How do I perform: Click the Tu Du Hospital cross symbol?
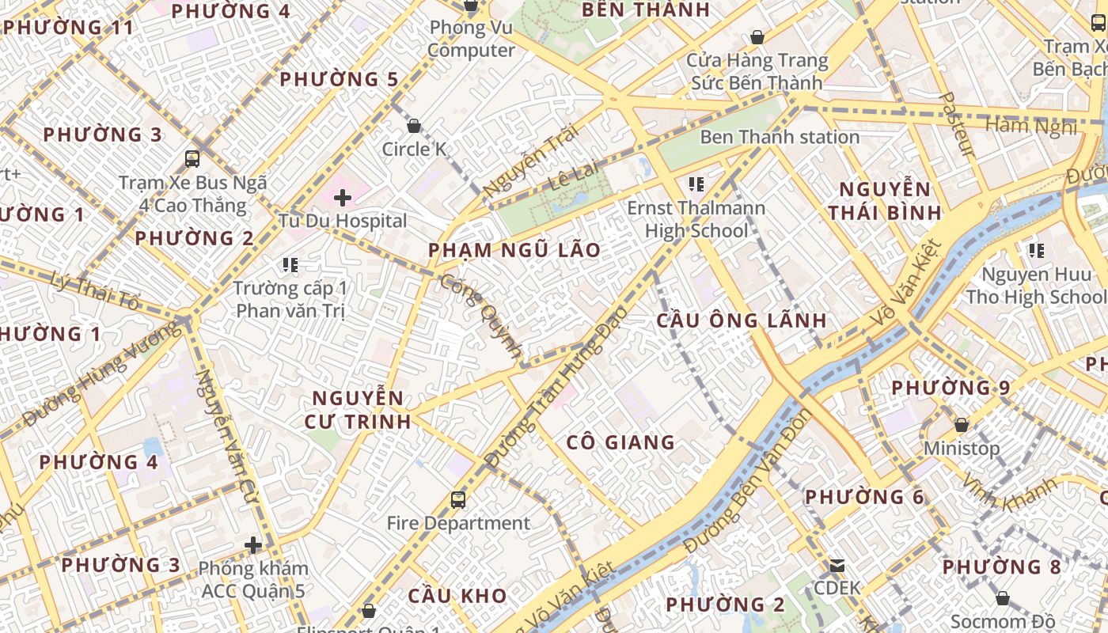click(x=343, y=197)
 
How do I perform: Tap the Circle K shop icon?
click(x=413, y=126)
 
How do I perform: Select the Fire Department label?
click(x=458, y=523)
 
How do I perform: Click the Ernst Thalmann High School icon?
click(x=696, y=185)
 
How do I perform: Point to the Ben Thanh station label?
click(x=780, y=137)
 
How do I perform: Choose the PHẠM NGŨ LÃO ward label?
click(x=514, y=251)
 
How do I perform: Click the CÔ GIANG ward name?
click(x=620, y=442)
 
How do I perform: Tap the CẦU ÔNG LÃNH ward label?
click(x=742, y=320)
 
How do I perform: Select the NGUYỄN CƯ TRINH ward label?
click(x=358, y=409)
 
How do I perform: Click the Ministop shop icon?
click(x=962, y=426)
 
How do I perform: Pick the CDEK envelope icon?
click(x=837, y=566)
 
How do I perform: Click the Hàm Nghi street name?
click(x=1032, y=126)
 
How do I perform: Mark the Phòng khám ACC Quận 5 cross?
click(x=253, y=545)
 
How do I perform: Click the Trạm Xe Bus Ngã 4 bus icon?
click(x=192, y=159)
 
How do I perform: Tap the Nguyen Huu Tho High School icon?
click(x=1036, y=252)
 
